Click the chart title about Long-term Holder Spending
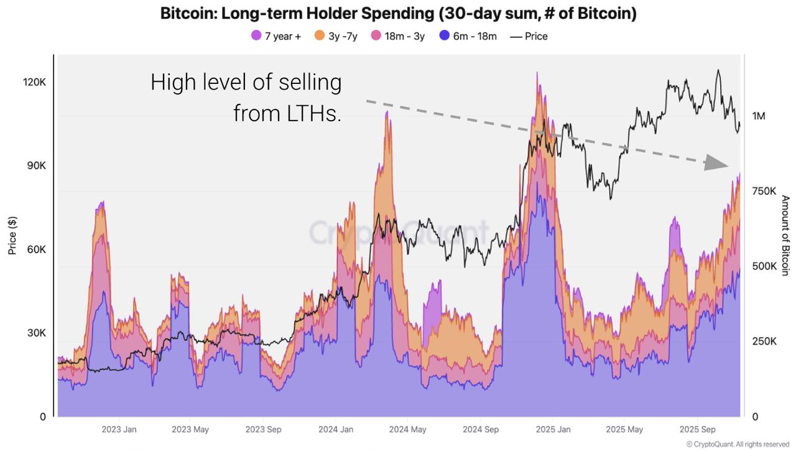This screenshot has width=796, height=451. (398, 14)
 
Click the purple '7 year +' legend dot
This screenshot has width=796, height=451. (256, 36)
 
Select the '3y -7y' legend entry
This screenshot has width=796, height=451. (336, 36)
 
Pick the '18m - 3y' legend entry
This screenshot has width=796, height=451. (397, 36)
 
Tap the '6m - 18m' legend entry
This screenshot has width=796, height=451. (468, 36)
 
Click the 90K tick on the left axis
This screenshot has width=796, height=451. (35, 166)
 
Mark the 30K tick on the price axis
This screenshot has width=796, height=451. (35, 333)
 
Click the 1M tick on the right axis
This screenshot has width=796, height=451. (759, 116)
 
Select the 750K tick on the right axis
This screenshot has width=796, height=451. (764, 192)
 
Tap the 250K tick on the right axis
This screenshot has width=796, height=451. (764, 342)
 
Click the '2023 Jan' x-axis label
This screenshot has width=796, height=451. (119, 429)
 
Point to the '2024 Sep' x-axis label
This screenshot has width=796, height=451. (481, 429)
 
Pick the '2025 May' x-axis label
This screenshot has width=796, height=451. (624, 429)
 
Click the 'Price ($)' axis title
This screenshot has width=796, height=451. (12, 236)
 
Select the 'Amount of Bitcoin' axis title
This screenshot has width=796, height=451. (785, 235)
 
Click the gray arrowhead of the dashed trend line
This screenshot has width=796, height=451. (716, 164)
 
